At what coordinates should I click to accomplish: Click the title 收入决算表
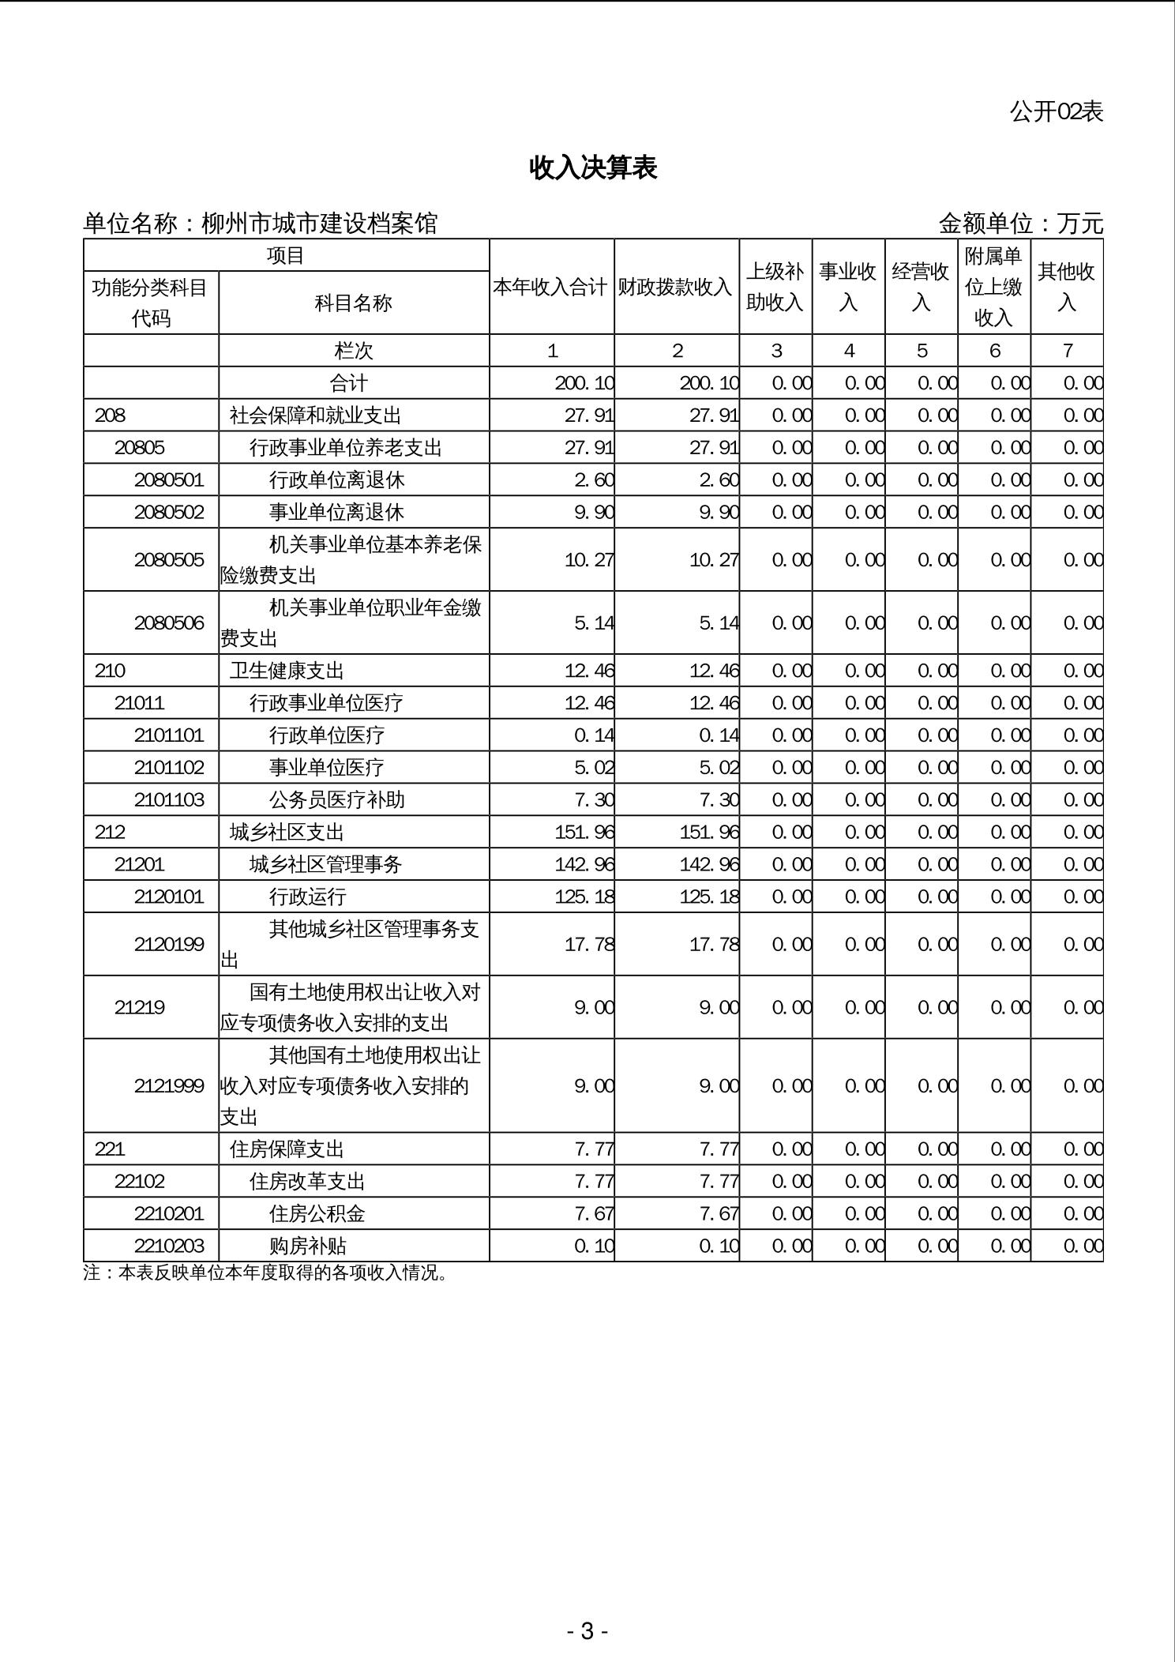[593, 167]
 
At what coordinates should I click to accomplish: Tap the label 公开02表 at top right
[1056, 111]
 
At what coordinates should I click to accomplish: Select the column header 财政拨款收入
[676, 287]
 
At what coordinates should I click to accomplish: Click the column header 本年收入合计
[551, 287]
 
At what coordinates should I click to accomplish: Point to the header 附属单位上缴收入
[993, 287]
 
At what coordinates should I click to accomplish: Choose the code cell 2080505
[169, 559]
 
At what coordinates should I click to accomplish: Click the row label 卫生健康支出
[287, 671]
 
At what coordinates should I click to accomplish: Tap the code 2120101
[169, 897]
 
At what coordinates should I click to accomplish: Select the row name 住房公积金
[317, 1213]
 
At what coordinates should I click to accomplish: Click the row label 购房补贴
[308, 1246]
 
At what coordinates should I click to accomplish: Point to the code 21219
[140, 1007]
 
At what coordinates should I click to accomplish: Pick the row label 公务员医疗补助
[336, 799]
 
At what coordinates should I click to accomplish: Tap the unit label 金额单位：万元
[1020, 224]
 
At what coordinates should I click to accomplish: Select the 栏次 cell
[354, 351]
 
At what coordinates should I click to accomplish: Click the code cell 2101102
[169, 767]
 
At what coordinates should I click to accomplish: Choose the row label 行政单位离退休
[336, 479]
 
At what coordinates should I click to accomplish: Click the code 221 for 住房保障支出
[110, 1149]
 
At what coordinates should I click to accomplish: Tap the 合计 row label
[349, 383]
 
